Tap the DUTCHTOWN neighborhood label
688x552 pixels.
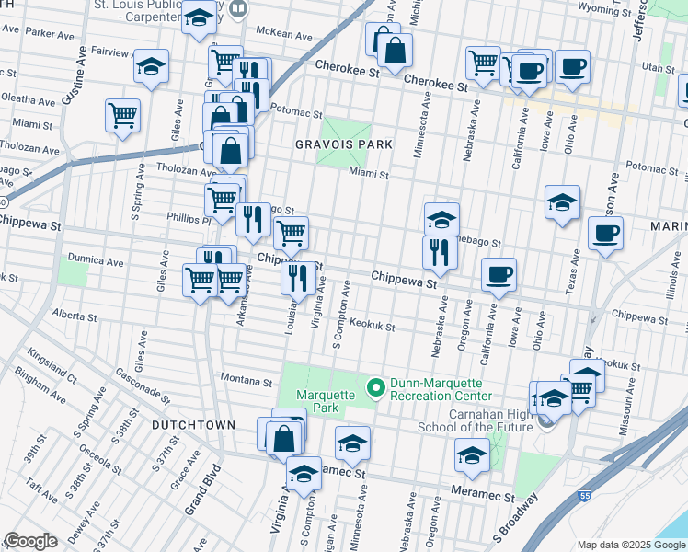[x=193, y=425]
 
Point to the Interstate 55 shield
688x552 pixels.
[x=584, y=495]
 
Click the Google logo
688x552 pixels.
[x=30, y=541]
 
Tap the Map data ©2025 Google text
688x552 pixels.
[x=631, y=545]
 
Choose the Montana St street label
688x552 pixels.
[x=247, y=380]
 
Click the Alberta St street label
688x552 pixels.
[x=75, y=316]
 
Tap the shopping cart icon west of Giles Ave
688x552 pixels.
[x=122, y=115]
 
